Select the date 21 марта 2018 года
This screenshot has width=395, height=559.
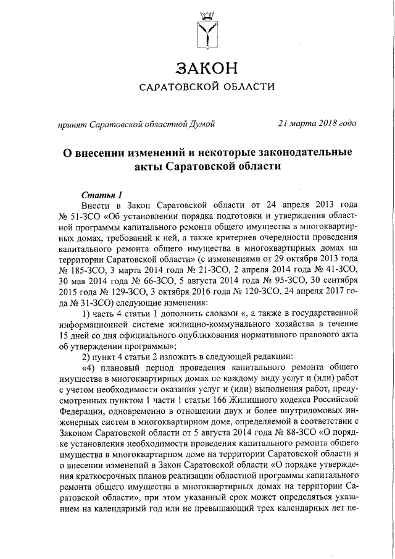[x=317, y=123]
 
